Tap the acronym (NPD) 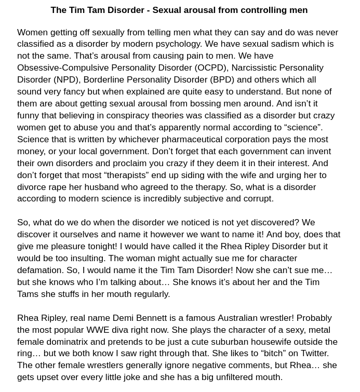click(x=67, y=79)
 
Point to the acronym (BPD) click(x=222, y=79)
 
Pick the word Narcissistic click(x=256, y=67)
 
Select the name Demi click(x=123, y=318)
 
